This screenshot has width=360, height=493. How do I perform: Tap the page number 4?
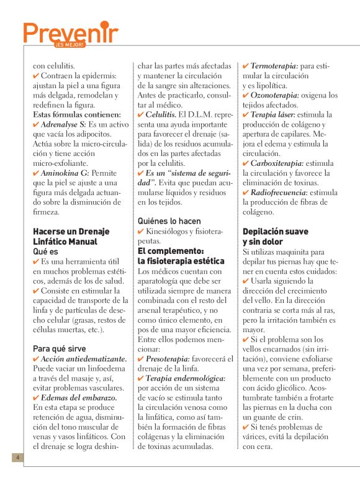[19, 458]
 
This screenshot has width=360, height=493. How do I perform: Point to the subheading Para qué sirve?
[60, 348]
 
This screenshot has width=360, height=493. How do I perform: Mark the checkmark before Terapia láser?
[246, 115]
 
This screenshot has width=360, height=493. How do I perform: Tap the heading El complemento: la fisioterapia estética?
[179, 256]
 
